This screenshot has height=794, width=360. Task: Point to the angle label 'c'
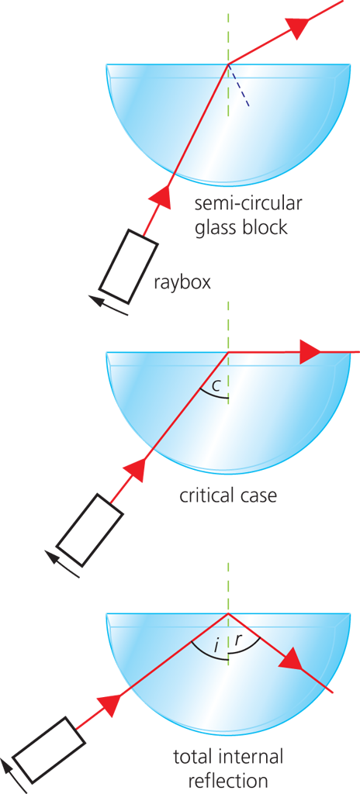(215, 387)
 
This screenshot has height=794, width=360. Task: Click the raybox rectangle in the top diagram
(128, 268)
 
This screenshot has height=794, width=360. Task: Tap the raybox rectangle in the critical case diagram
(90, 530)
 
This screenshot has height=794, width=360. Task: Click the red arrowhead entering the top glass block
(161, 195)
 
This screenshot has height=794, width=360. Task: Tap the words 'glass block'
(241, 227)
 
